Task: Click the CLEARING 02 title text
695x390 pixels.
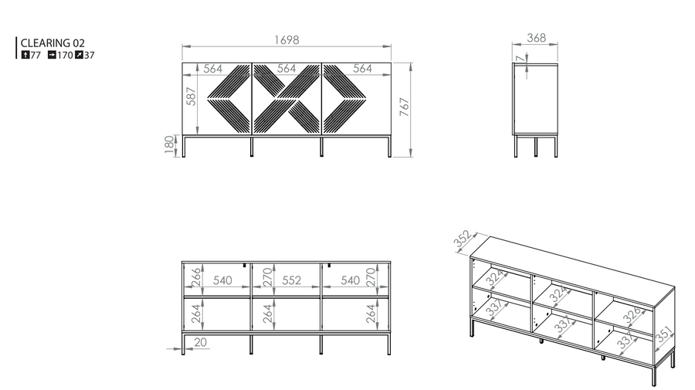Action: pos(53,43)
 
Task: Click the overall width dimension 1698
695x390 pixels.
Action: pos(286,40)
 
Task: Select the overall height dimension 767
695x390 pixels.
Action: pos(404,107)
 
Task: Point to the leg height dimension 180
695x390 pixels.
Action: pos(169,144)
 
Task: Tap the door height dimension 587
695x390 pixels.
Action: pos(191,97)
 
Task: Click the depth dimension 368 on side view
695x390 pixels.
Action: pos(537,38)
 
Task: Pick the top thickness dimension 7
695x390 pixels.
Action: pos(520,58)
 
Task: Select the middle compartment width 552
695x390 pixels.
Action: pos(292,280)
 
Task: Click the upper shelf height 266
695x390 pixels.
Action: pos(196,277)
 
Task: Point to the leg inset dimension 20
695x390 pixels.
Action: pos(200,342)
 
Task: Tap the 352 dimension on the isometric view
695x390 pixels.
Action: pos(463,239)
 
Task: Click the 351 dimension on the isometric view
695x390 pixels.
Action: pos(664,335)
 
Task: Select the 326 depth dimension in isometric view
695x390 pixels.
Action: pos(632,314)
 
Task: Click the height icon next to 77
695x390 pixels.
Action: pos(25,55)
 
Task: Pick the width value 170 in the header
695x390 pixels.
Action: pos(65,56)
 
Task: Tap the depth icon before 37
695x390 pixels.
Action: pos(79,55)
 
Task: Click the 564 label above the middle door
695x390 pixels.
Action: pos(286,68)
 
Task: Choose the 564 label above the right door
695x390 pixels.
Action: pos(363,68)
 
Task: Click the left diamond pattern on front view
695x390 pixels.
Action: pos(229,99)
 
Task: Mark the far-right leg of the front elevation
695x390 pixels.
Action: pos(390,147)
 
